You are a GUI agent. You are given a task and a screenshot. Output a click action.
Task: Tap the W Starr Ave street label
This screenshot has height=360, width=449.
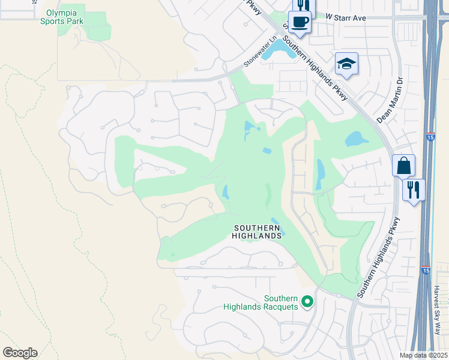click(x=346, y=18)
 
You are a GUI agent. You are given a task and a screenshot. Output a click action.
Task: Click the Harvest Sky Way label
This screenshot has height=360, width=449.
click(x=437, y=310)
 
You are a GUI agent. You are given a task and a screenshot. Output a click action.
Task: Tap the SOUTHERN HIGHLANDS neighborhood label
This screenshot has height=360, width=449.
click(x=257, y=232)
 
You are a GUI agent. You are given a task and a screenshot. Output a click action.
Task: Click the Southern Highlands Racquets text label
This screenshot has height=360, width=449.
click(x=261, y=302)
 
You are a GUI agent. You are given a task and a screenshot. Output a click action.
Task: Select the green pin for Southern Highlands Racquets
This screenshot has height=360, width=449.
click(x=307, y=301)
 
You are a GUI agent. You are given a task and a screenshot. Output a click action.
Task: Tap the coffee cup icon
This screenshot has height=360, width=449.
click(x=299, y=23)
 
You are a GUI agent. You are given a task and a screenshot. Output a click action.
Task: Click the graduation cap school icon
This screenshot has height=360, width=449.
click(x=346, y=64)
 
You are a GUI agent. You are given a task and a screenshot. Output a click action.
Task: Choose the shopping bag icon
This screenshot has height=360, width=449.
click(x=404, y=165)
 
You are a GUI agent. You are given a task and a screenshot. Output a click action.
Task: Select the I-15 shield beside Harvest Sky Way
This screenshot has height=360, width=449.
click(x=426, y=271)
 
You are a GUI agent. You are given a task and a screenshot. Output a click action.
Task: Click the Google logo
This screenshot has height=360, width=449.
click(x=20, y=352)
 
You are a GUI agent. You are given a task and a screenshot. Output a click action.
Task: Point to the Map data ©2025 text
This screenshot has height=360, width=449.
click(x=423, y=355)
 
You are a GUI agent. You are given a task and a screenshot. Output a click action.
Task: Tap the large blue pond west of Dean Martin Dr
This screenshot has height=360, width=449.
click(x=357, y=139)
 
